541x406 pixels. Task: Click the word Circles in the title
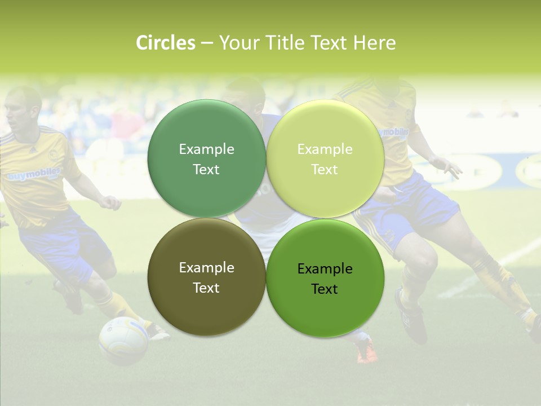click(x=165, y=43)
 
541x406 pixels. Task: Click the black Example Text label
click(x=325, y=279)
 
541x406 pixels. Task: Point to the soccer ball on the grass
click(x=123, y=340)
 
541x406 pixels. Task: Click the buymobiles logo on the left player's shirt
click(x=34, y=175)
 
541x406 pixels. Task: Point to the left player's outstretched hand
click(x=110, y=202)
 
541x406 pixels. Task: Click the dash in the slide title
click(x=207, y=43)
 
